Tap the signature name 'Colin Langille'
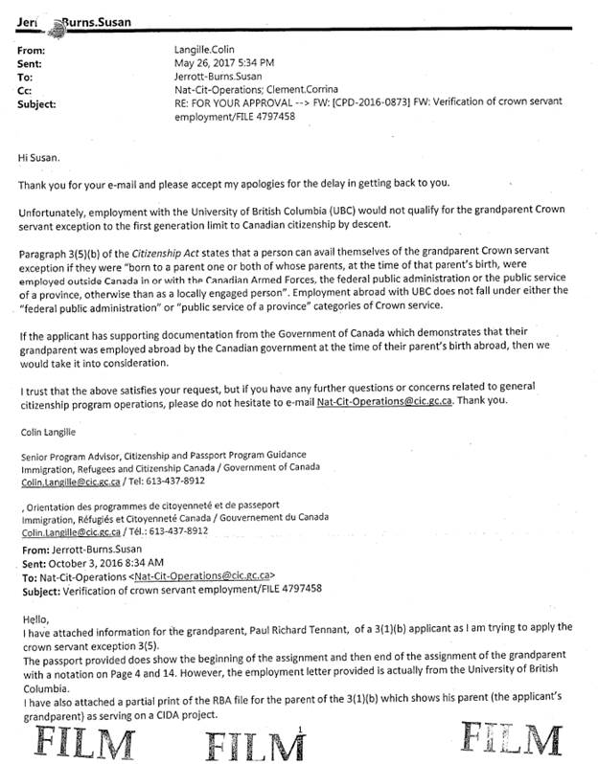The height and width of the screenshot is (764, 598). [48, 433]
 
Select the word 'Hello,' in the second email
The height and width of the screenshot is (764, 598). [34, 618]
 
